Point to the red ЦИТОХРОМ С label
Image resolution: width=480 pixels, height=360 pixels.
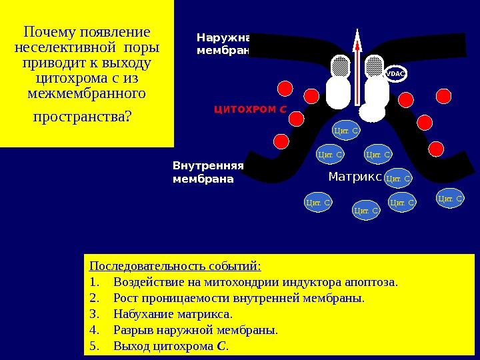[x=250, y=109]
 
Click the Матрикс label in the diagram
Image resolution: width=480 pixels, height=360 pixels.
[x=354, y=177]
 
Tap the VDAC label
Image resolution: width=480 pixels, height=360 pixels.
[x=395, y=73]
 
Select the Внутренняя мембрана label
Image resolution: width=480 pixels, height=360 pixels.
[x=208, y=172]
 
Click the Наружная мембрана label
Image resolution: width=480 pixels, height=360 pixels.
[x=223, y=43]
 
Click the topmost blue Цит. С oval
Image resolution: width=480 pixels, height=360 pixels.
[x=346, y=131]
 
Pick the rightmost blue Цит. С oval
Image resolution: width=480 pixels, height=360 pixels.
[x=450, y=198]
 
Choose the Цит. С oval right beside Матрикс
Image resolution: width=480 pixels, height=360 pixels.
[x=399, y=178]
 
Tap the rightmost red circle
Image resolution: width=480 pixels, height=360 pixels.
[x=437, y=148]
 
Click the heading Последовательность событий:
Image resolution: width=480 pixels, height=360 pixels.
[x=175, y=265]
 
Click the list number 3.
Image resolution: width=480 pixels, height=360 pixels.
[x=93, y=314]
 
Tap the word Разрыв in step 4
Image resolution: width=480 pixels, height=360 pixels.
[x=133, y=330]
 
